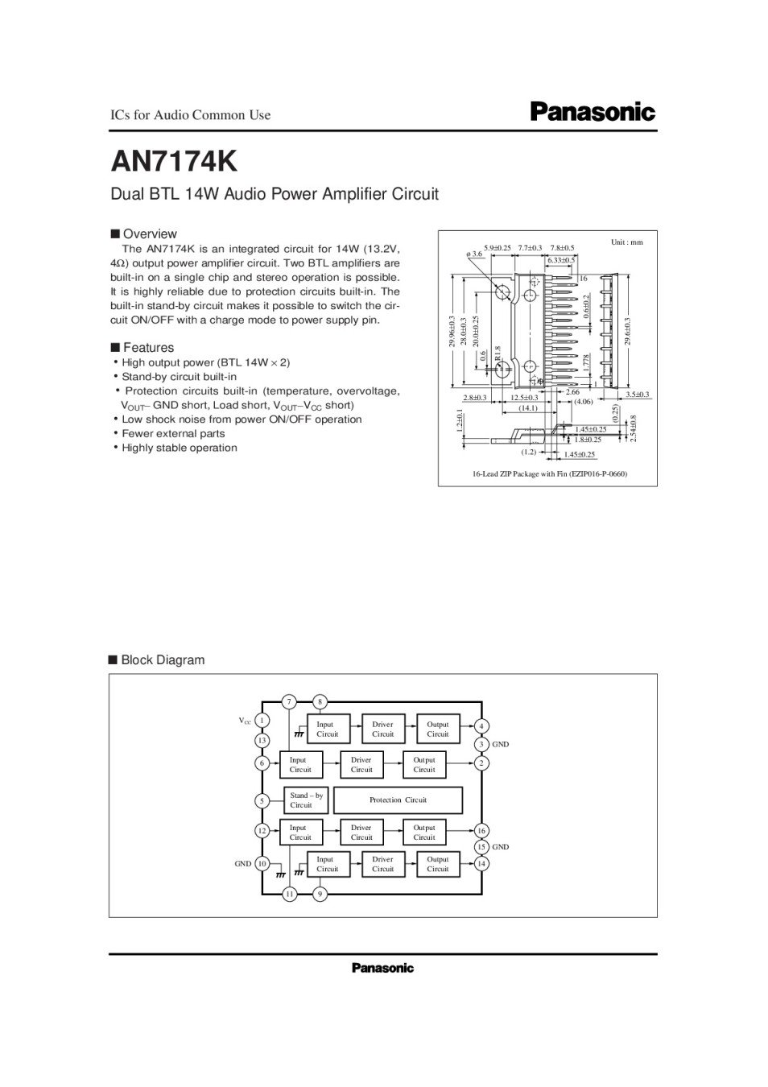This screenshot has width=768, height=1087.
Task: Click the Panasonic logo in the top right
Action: (593, 113)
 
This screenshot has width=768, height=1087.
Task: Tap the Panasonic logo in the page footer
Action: (382, 968)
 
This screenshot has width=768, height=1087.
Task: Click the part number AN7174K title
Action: (174, 161)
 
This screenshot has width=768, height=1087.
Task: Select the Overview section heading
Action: (149, 234)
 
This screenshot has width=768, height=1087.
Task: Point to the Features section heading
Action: (147, 348)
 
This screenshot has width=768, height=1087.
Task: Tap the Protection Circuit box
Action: (398, 800)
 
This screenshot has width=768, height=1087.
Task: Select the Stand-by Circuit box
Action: (306, 800)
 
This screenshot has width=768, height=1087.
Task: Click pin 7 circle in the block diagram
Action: (289, 701)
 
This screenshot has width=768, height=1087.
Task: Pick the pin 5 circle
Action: (262, 800)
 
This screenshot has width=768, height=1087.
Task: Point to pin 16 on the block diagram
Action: (481, 831)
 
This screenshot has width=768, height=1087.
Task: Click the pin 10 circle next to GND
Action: (262, 864)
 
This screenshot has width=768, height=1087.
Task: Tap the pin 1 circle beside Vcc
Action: (262, 721)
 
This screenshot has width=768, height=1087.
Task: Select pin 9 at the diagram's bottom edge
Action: (320, 894)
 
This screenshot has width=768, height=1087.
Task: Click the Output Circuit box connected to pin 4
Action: (438, 729)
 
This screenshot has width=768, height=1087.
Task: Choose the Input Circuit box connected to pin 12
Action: (300, 833)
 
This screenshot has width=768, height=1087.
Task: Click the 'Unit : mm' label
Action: (627, 242)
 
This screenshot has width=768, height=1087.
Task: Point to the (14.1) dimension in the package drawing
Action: (527, 408)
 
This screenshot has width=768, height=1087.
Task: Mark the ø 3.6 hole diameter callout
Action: (474, 254)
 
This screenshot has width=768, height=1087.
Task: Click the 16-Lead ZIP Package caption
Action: (549, 474)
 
